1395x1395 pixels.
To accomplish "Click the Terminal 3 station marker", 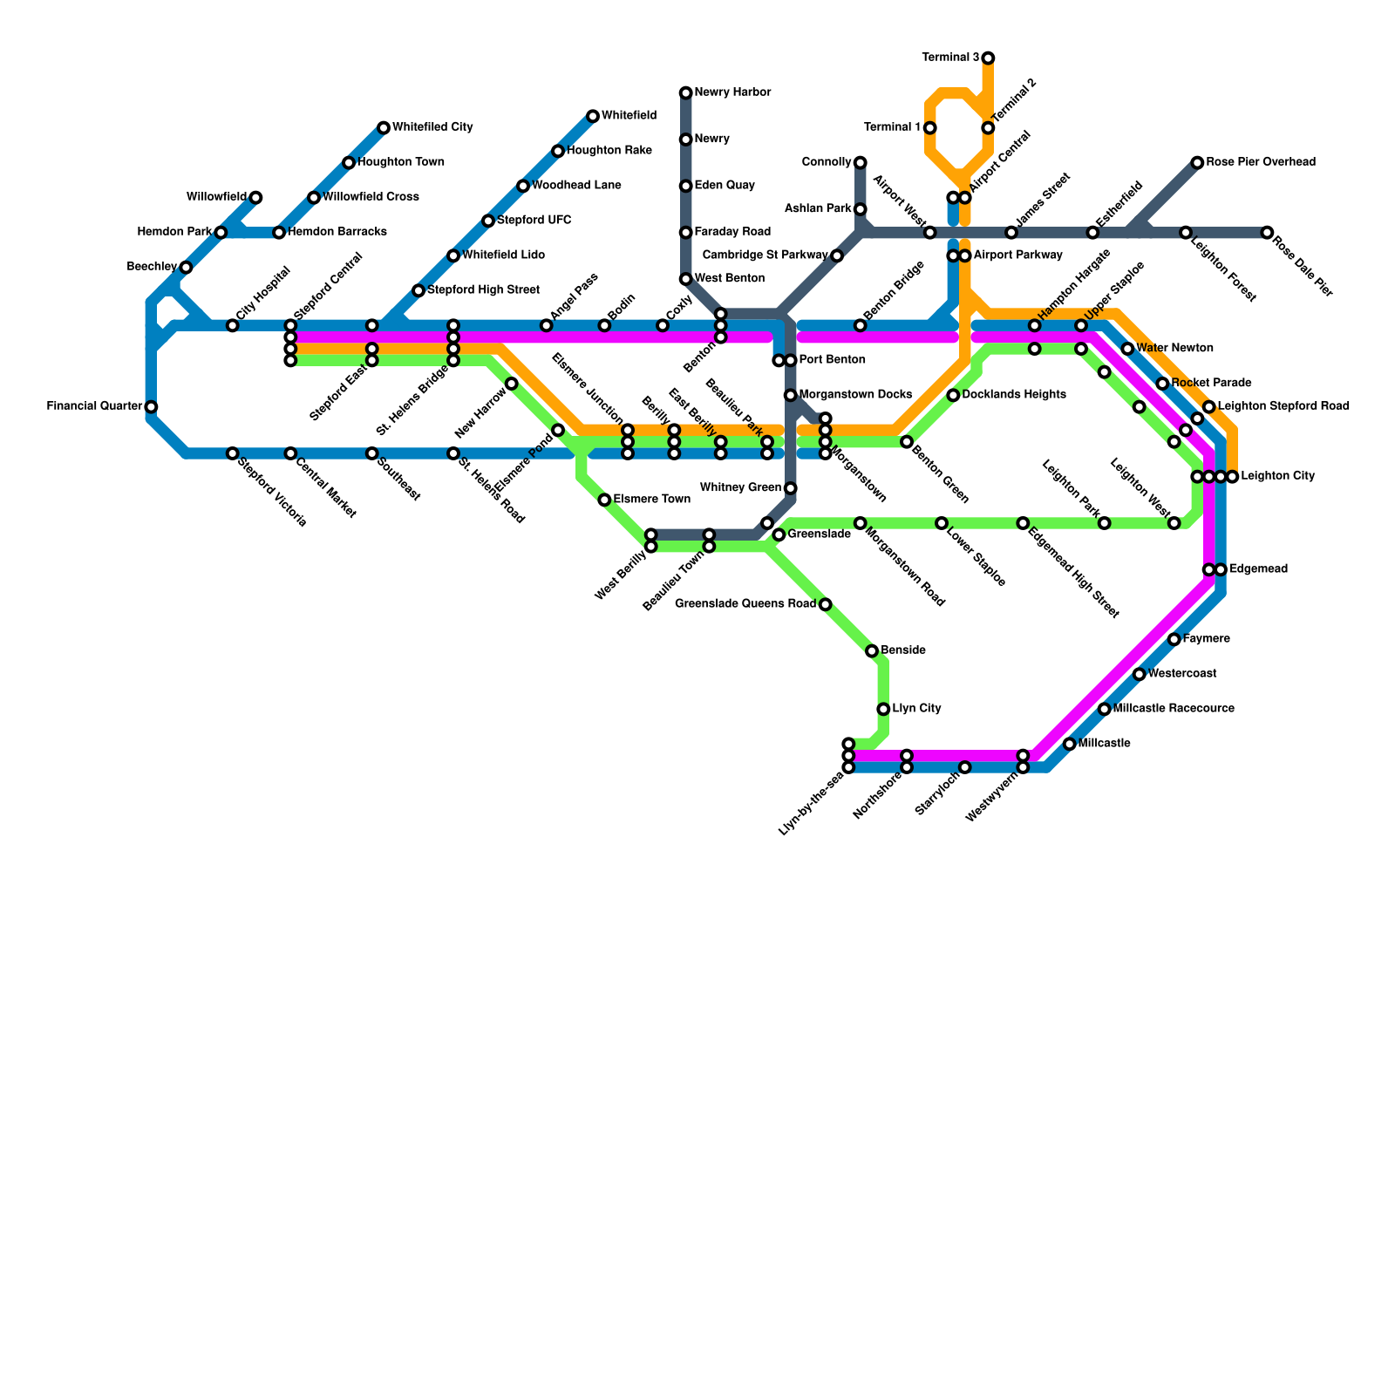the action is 988,58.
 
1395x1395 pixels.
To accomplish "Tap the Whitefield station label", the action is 629,115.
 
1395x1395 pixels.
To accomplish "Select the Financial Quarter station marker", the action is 151,407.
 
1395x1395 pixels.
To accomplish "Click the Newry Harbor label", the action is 732,92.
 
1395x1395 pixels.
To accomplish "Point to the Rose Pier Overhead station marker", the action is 1198,163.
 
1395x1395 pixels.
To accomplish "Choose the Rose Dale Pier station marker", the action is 1267,233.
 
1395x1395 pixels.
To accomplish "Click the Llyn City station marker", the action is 883,709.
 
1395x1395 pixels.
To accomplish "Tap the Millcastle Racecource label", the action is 1174,709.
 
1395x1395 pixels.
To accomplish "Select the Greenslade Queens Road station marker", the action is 826,604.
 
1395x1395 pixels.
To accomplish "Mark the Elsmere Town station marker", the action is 604,500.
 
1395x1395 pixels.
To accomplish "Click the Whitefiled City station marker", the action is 384,128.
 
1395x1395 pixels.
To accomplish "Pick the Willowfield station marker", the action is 255,198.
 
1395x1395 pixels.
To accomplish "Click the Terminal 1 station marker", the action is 930,128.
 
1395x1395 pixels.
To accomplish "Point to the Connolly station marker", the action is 861,163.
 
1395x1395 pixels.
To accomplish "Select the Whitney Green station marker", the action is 790,488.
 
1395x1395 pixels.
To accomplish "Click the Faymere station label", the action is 1207,639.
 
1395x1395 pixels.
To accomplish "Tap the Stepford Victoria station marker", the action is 232,453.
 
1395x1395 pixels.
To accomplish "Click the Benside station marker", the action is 872,651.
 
